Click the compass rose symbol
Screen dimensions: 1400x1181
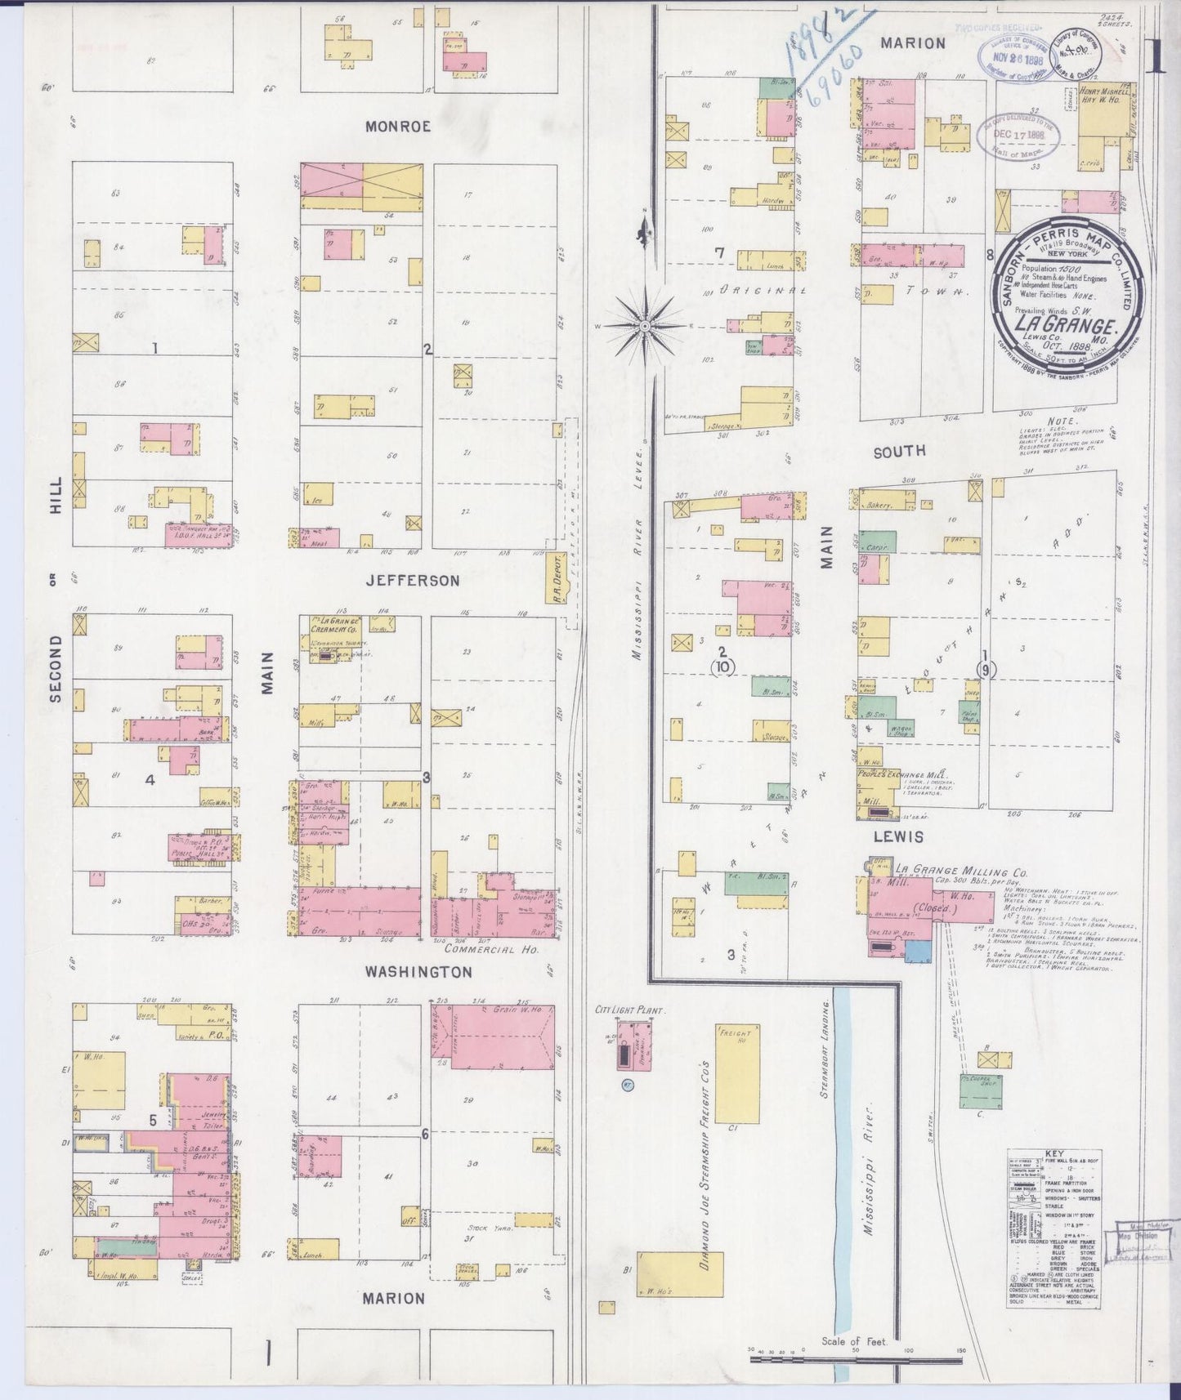pyautogui.click(x=646, y=326)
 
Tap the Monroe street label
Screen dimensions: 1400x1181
pyautogui.click(x=397, y=127)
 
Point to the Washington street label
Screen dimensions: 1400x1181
pyautogui.click(x=418, y=972)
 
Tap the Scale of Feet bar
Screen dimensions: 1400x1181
pyautogui.click(x=856, y=1360)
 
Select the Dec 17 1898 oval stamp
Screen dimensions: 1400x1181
pyautogui.click(x=1018, y=135)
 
